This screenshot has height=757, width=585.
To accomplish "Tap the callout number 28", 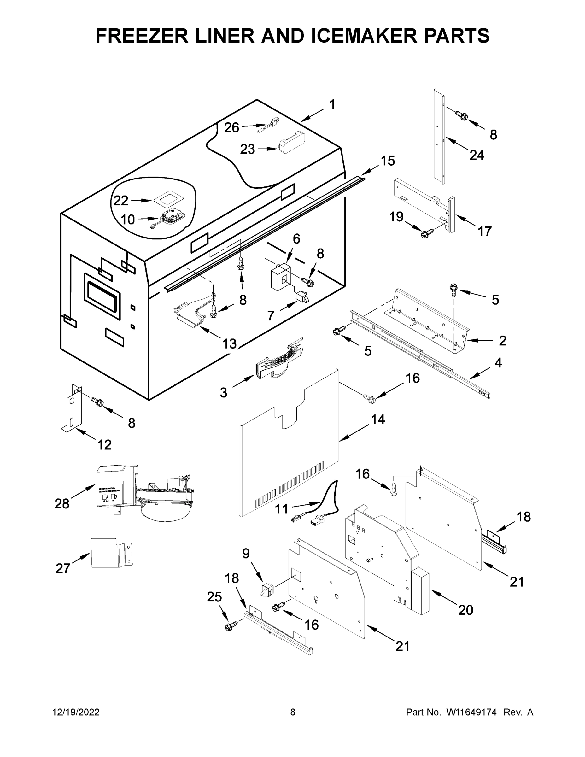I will (x=62, y=504).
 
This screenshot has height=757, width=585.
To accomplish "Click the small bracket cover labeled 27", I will (x=110, y=553).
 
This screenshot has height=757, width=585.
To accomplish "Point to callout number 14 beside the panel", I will (x=378, y=420).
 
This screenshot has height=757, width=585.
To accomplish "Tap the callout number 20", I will (x=465, y=610).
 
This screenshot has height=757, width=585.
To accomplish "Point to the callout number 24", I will (x=477, y=155).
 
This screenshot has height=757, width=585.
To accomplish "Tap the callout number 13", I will (x=229, y=343).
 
